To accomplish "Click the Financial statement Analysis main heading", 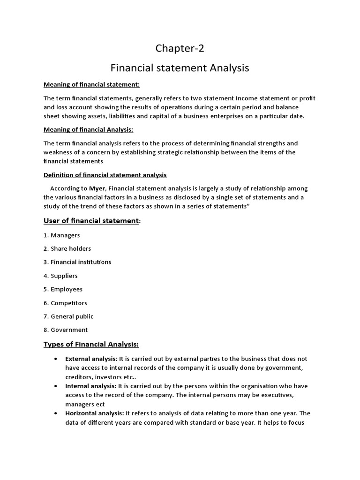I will tap(180, 68).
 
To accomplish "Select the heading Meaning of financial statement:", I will tap(92, 84).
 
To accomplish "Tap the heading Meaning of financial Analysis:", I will tap(91, 129).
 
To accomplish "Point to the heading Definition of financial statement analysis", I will tap(105, 175).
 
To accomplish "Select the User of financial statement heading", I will tap(91, 221).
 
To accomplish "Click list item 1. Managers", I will tap(62, 235).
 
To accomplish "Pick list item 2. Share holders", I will tap(67, 248).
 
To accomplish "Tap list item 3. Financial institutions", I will tap(77, 262).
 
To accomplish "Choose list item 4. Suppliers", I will tap(61, 276).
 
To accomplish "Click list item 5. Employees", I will tap(63, 289).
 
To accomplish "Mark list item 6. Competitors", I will tap(66, 303).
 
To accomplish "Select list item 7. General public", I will tap(69, 316).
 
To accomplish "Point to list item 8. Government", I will tap(66, 330).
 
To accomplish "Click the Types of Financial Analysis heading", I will tap(91, 345).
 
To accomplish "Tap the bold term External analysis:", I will tap(91, 359).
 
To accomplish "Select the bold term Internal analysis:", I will tap(90, 386).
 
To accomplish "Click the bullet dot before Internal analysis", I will tap(56, 386).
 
